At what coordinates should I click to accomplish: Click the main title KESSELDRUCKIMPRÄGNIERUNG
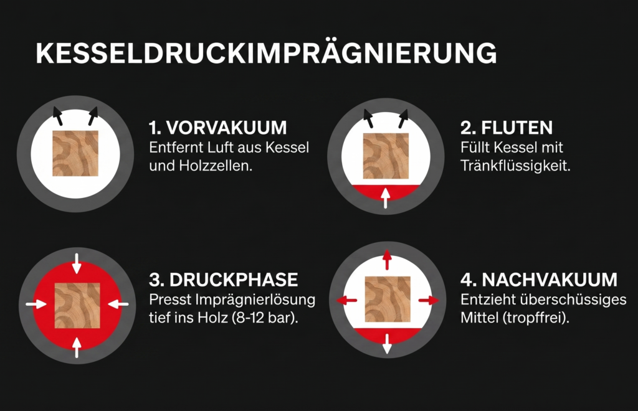[x=266, y=54]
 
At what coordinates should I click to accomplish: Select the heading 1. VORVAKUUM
[x=217, y=128]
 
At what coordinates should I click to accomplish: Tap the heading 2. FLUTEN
[x=507, y=128]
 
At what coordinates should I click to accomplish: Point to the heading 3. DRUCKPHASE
[x=224, y=279]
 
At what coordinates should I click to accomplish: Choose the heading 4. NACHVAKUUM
[x=540, y=279]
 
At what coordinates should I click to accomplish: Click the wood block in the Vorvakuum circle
[x=75, y=154]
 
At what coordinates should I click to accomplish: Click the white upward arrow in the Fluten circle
[x=386, y=198]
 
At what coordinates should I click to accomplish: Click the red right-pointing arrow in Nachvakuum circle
[x=428, y=300]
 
